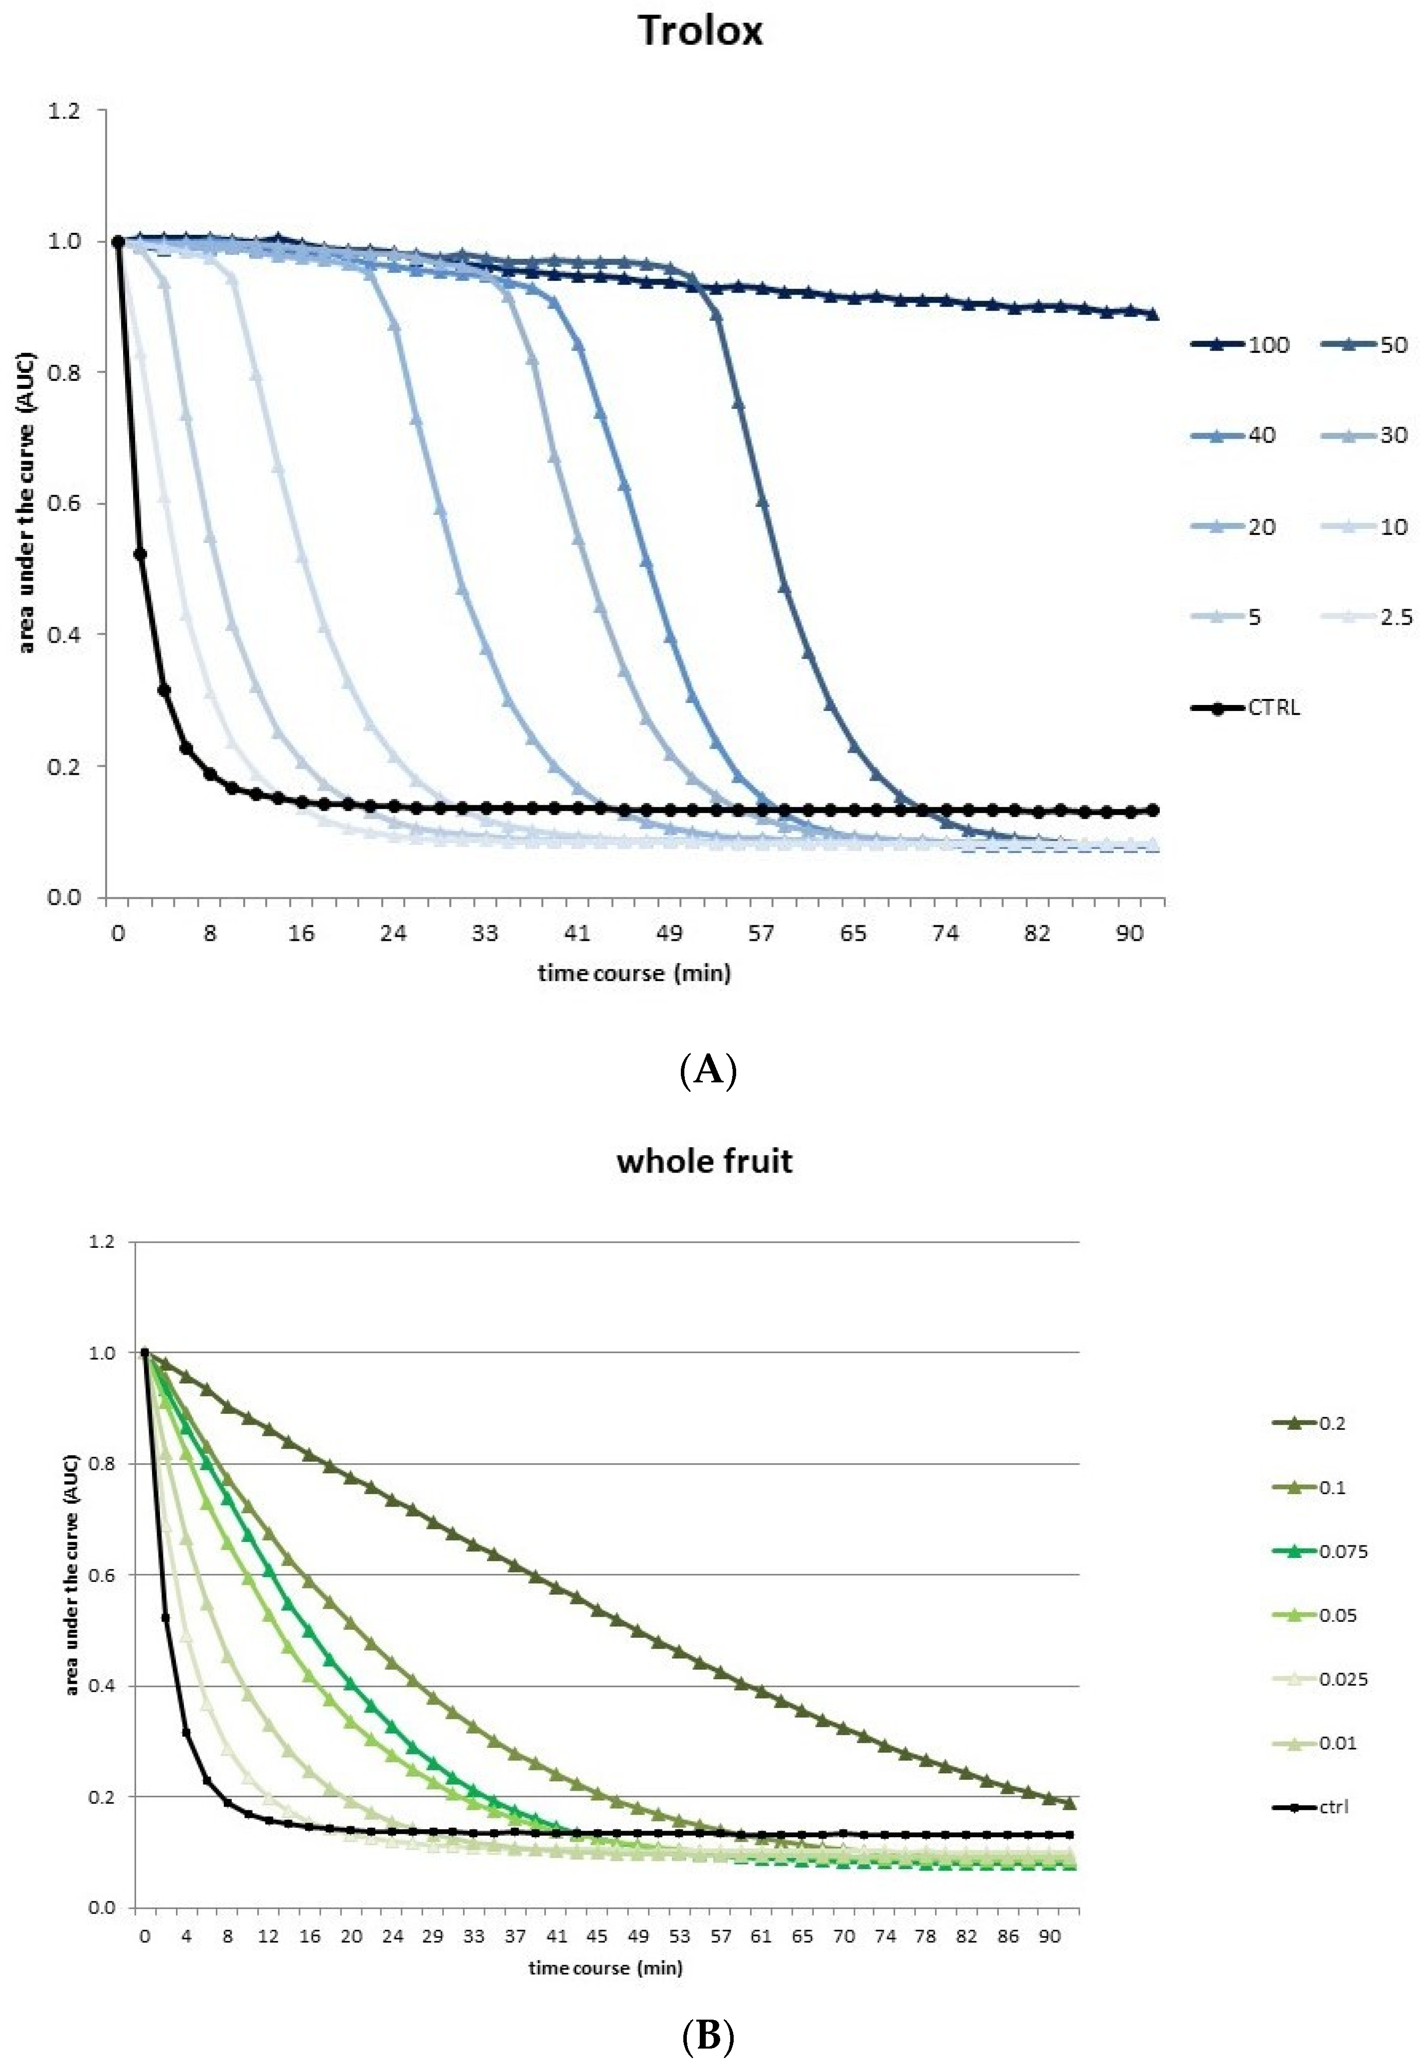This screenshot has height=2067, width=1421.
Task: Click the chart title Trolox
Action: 701,32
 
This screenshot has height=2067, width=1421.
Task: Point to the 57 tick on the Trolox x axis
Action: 761,933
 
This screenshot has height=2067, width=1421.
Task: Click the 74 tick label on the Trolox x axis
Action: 946,933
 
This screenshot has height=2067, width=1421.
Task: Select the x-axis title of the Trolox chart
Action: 634,973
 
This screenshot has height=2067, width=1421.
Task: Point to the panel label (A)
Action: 708,1069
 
